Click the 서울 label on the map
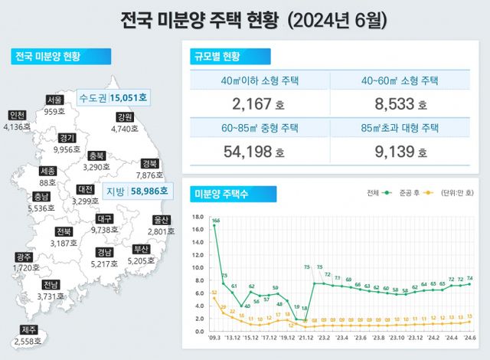tap(54, 100)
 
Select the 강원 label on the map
tap(125, 117)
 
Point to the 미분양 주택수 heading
tap(224, 191)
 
